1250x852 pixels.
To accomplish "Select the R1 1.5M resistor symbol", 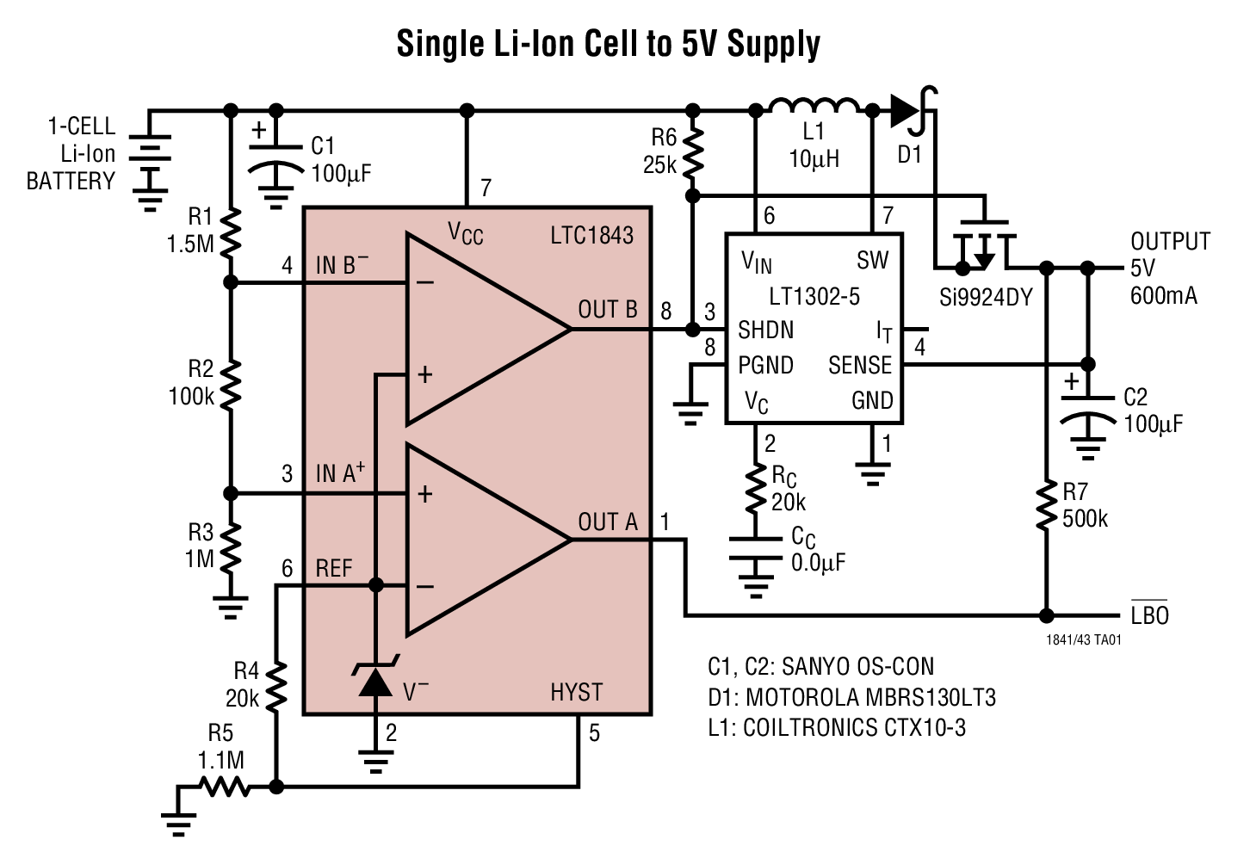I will (230, 232).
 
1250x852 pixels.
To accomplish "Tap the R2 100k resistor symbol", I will (230, 384).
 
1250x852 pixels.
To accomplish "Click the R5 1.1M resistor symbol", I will (225, 787).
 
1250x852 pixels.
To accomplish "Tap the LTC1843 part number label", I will (591, 235).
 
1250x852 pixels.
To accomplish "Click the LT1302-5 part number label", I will (814, 297).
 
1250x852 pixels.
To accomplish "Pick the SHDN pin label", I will (765, 330).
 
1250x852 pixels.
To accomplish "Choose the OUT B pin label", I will (608, 310).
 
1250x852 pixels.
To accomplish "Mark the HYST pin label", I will (576, 692).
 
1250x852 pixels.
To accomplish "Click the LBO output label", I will (1149, 615).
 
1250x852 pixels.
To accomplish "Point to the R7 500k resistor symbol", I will (1046, 506).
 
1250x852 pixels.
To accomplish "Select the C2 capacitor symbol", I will (1088, 411).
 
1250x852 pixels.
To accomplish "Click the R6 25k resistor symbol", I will (692, 152).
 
